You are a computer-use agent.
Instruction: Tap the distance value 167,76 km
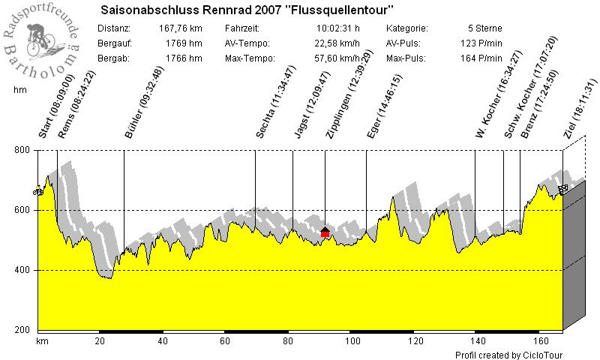(181, 28)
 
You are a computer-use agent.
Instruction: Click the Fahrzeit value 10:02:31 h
(341, 28)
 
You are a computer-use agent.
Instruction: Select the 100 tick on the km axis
(350, 341)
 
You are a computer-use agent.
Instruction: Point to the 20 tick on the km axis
(100, 341)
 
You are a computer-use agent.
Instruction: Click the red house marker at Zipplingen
(325, 232)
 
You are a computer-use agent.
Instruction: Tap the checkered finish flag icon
(562, 189)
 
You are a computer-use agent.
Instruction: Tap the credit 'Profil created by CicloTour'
(508, 355)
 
